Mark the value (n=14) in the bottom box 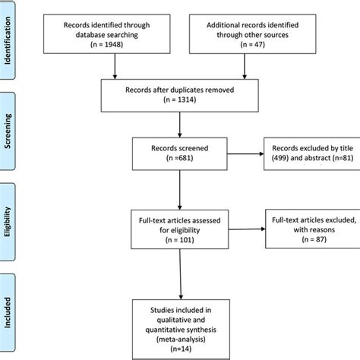pos(179,343)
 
